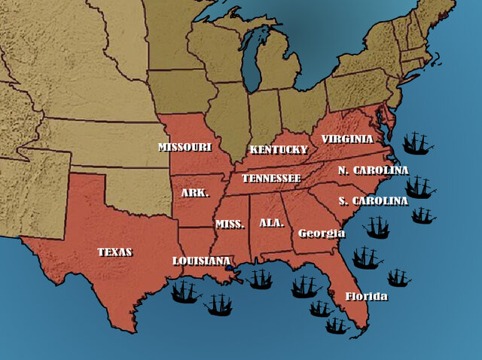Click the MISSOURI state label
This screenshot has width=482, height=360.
coord(185,147)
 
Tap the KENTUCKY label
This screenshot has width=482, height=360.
coord(279,149)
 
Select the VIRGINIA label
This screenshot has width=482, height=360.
coord(347,139)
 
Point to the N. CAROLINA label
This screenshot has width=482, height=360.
coord(373,170)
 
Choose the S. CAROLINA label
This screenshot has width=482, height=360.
coord(373,201)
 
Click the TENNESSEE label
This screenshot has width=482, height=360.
coord(270,178)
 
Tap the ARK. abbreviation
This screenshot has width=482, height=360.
coord(195,193)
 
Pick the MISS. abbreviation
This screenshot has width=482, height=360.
coord(230,224)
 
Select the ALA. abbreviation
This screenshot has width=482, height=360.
coord(271,223)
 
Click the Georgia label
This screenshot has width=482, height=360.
coord(322,233)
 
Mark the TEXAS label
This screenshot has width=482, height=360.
coord(114,252)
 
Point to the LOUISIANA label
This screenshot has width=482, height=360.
coord(201,261)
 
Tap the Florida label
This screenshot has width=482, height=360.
coord(366,296)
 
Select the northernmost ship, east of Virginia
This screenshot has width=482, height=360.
coord(416,142)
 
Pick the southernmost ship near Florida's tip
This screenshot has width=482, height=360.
coord(337,325)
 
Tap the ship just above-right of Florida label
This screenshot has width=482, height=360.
coord(398,278)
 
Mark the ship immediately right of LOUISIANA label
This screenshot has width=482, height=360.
coord(260,279)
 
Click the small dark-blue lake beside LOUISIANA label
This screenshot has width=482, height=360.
coord(229,267)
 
